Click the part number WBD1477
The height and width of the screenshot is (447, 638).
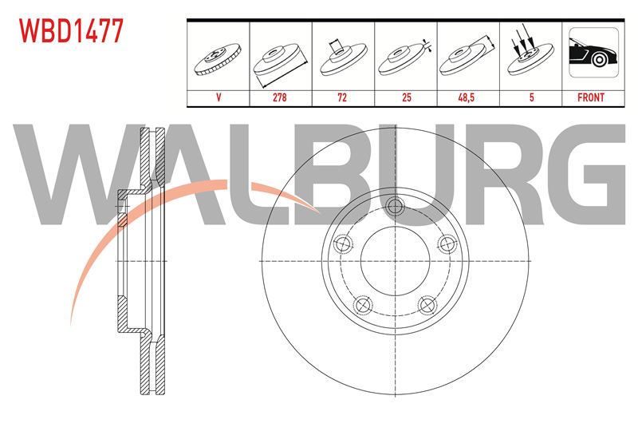(71, 31)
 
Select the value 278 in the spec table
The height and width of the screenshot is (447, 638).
(280, 97)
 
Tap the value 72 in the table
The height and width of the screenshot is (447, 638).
(343, 97)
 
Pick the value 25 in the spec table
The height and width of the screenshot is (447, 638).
(406, 97)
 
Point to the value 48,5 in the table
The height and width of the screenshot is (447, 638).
(467, 97)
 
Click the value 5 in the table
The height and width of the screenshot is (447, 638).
(531, 97)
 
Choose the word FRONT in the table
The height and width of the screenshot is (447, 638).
(591, 97)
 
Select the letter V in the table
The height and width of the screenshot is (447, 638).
(219, 97)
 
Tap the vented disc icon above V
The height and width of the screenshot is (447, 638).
(218, 58)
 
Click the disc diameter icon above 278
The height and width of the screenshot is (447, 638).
(280, 64)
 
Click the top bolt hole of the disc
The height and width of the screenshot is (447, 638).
(395, 206)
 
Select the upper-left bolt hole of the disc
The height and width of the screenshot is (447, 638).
(343, 244)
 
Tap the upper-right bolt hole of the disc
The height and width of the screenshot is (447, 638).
(447, 244)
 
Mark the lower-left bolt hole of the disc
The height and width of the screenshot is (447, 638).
(363, 306)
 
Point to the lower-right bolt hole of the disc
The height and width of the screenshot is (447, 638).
(427, 306)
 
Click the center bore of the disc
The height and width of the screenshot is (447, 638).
(395, 261)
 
